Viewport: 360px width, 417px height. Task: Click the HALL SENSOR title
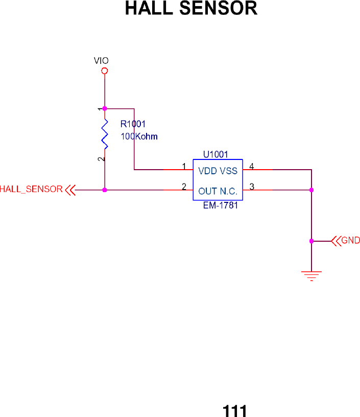191,9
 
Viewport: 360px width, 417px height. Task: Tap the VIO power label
101,60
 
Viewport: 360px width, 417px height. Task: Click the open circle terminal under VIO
105,72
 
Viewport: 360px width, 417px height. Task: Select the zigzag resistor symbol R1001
105,134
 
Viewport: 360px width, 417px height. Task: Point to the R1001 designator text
133,124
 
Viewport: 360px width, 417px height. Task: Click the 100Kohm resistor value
139,136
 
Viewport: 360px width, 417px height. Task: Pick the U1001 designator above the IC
215,153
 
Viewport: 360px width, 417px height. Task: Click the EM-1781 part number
220,207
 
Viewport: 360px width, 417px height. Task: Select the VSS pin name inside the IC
229,171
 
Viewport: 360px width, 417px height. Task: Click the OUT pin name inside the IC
207,192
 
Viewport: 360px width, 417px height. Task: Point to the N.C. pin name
229,192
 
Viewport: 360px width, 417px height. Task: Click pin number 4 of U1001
251,166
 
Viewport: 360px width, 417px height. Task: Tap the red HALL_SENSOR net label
31,189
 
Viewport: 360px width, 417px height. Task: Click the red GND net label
350,240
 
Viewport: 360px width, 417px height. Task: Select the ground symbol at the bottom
311,275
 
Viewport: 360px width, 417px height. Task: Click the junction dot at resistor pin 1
105,108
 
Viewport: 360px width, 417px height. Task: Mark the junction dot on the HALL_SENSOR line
105,190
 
